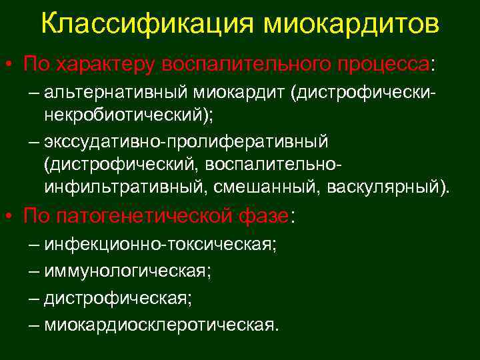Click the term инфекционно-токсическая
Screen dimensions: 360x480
[160, 244]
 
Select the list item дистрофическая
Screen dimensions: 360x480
[118, 297]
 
